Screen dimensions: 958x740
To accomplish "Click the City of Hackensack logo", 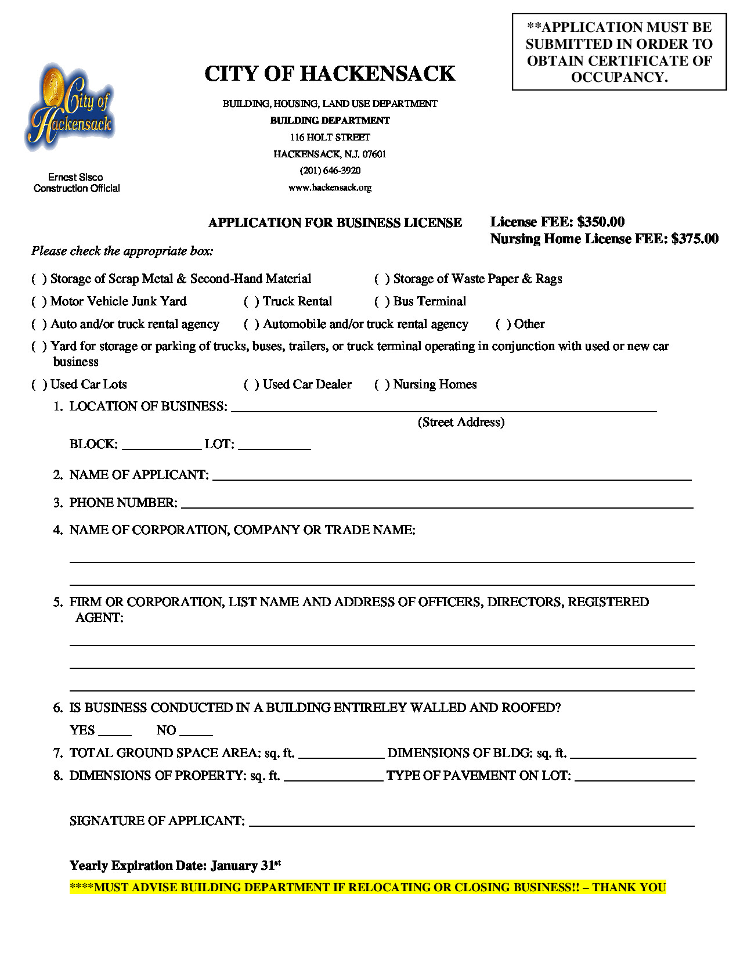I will point(70,107).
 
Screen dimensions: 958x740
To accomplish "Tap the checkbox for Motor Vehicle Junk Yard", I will point(39,302).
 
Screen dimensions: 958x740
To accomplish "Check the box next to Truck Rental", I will point(252,302).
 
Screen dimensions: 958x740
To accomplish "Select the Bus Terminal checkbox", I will point(382,302).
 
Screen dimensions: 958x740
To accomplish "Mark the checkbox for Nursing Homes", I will point(382,385).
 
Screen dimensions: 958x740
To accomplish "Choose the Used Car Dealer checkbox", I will point(252,385).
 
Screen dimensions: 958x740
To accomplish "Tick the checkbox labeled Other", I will point(503,325).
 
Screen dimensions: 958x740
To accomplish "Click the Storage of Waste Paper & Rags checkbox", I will point(382,279).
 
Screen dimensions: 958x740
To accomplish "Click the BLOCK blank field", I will point(161,445).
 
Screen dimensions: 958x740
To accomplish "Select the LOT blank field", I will point(274,445).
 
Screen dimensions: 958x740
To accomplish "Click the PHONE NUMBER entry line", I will point(437,504).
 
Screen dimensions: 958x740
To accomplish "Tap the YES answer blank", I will point(115,732).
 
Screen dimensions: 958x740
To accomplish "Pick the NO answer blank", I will point(196,732).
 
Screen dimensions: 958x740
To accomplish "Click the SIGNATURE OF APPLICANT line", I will point(471,822).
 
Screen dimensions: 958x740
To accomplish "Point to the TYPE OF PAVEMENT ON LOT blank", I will point(634,777).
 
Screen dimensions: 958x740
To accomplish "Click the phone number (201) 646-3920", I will point(330,171).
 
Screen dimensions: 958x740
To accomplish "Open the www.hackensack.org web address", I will point(330,188).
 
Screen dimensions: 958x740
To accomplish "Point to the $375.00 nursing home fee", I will point(695,239).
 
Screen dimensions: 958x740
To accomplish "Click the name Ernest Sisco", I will point(75,177).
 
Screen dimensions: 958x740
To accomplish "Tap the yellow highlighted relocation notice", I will point(367,888).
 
